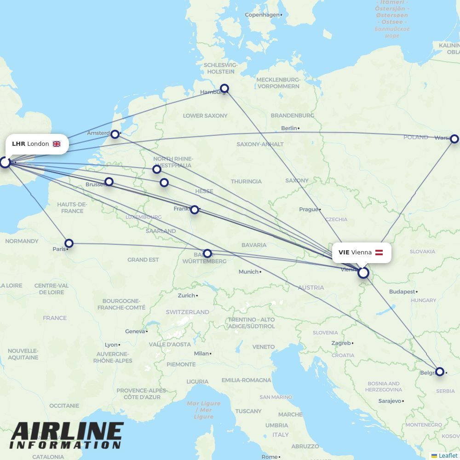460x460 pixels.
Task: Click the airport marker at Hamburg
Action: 224,88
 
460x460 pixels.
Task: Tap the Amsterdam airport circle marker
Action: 115,134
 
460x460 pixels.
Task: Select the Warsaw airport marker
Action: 454,139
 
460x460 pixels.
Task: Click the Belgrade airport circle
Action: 440,371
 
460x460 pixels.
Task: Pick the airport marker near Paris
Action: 69,243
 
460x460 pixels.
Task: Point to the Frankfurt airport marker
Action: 195,210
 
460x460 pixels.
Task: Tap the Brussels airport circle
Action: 109,182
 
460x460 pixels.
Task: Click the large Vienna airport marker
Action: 363,273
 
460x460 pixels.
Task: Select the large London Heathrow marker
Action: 5,162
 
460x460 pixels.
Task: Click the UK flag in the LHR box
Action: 57,144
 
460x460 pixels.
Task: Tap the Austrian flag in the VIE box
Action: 379,253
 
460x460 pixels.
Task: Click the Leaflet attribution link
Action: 448,455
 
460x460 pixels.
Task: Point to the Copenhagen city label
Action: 262,15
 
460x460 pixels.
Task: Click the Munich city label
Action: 248,272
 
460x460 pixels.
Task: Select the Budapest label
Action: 402,292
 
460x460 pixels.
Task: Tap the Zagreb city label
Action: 341,343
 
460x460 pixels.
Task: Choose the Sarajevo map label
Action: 390,401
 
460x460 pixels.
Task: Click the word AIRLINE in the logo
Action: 67,432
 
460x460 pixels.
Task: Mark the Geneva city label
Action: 135,331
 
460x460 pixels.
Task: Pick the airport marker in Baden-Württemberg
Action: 207,253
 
